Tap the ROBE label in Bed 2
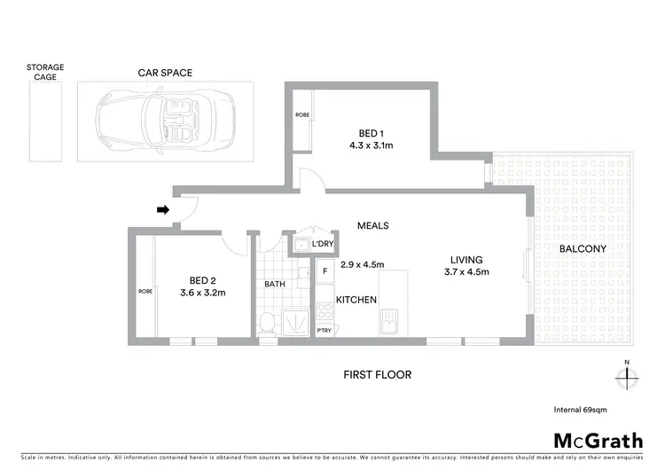[x=145, y=290]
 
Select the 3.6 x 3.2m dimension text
[x=203, y=293]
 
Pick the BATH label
[x=274, y=285]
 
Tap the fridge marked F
[x=325, y=270]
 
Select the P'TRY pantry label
[x=325, y=332]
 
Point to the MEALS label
[x=372, y=226]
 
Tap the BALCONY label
[x=582, y=249]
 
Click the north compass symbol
[x=627, y=376]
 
